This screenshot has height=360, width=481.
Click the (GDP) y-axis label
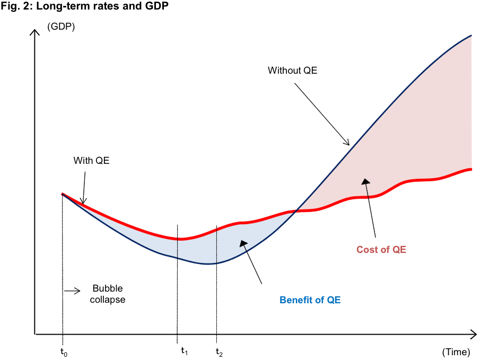click(62, 27)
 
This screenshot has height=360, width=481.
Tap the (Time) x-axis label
click(456, 352)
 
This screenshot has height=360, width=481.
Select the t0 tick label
click(64, 352)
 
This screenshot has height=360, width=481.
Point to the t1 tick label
click(184, 350)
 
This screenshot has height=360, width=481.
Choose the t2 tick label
click(219, 352)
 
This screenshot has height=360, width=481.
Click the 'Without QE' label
click(292, 70)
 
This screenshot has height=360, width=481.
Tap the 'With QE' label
click(91, 161)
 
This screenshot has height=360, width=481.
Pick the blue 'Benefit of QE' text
click(310, 300)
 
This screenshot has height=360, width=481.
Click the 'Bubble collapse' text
click(108, 294)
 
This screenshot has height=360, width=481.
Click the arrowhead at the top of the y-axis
click(34, 32)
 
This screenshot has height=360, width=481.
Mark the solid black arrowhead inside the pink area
click(365, 182)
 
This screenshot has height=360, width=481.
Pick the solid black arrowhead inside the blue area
click(243, 244)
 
